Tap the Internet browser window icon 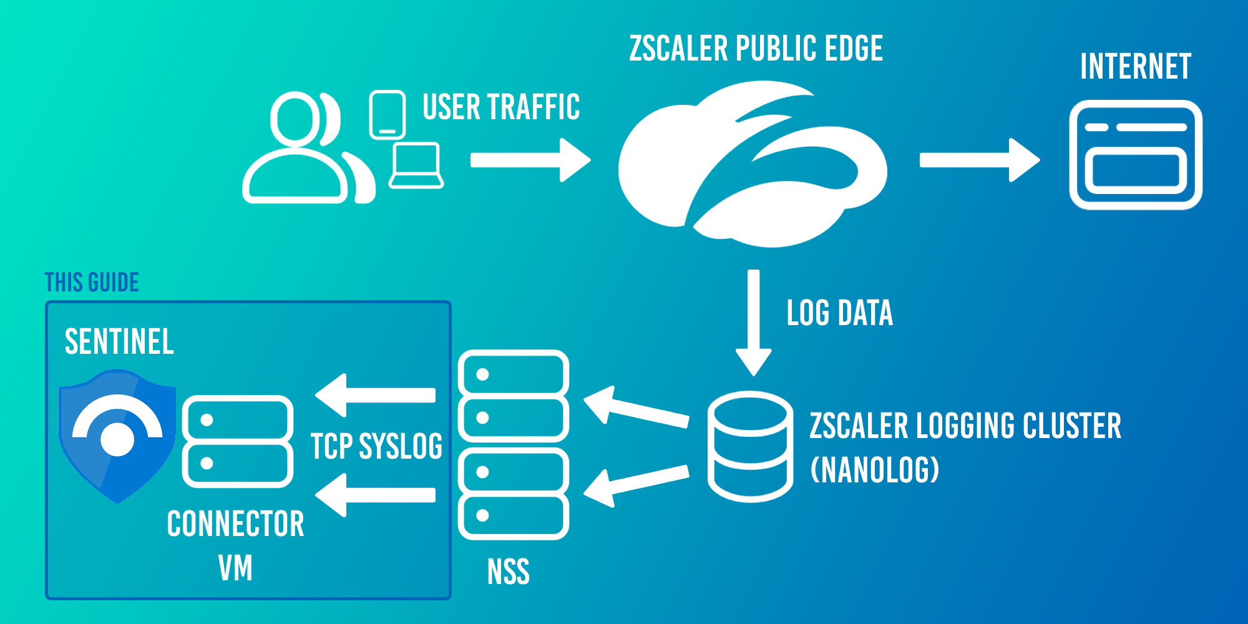(x=1136, y=155)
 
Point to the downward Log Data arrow (x=754, y=321)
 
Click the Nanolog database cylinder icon (x=750, y=446)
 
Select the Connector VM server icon (x=238, y=441)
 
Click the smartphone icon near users (x=387, y=115)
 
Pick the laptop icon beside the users (x=416, y=165)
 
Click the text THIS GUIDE (x=92, y=283)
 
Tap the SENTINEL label (x=119, y=342)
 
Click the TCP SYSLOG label (x=376, y=446)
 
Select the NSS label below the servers (x=509, y=572)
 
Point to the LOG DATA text (x=839, y=313)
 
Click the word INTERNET (x=1136, y=67)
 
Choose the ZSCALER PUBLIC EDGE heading (x=756, y=49)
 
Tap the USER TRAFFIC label (x=501, y=107)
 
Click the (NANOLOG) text (x=874, y=470)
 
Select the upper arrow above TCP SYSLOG (x=376, y=395)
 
